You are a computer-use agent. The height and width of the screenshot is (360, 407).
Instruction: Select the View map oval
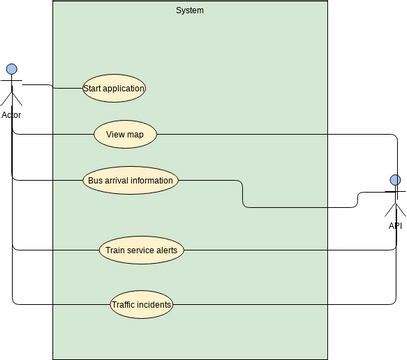(x=125, y=133)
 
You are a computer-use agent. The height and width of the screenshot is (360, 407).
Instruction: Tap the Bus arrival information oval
(x=131, y=181)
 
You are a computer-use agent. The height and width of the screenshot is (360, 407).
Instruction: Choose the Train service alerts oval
(x=141, y=250)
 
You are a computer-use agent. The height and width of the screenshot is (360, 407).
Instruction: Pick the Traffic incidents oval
(x=141, y=304)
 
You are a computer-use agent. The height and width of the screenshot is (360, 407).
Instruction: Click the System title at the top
(x=189, y=10)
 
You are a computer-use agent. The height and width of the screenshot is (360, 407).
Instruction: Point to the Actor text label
(x=11, y=115)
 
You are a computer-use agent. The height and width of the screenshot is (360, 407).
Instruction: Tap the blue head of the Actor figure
(x=12, y=69)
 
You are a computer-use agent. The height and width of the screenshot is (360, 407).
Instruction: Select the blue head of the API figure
(x=395, y=181)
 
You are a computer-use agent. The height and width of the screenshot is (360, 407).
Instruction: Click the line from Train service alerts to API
(x=280, y=250)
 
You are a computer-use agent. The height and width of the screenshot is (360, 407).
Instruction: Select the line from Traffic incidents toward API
(x=280, y=304)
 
